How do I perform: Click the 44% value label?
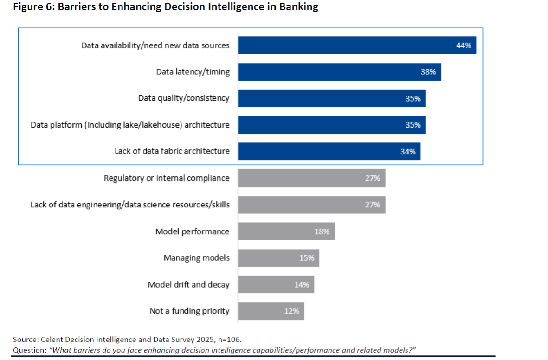[x=464, y=45]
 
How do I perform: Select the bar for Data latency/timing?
[x=339, y=72]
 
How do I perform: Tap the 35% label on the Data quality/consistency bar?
[x=413, y=98]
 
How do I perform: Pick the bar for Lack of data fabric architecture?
[x=329, y=151]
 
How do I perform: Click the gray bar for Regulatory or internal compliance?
[x=311, y=178]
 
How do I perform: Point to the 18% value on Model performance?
[x=322, y=231]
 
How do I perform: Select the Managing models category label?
[x=196, y=258]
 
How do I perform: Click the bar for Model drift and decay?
[x=276, y=284]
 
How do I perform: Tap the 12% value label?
[x=291, y=311]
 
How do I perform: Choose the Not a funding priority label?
[x=189, y=311]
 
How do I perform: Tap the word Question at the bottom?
[x=29, y=350]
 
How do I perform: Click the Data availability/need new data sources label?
[x=155, y=45]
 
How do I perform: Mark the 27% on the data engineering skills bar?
[x=372, y=205]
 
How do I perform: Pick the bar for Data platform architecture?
[x=331, y=125]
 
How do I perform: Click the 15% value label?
[x=306, y=258]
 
